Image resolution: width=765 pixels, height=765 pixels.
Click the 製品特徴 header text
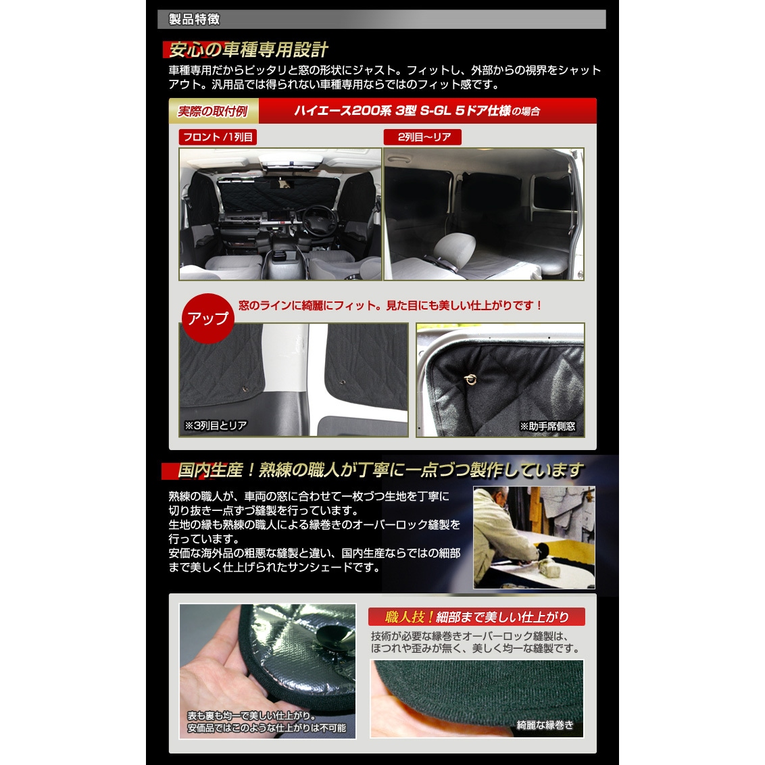(194, 19)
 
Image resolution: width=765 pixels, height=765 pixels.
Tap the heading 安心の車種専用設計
(248, 49)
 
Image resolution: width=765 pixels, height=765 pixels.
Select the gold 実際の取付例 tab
(213, 112)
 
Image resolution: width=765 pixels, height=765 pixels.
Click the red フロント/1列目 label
(218, 137)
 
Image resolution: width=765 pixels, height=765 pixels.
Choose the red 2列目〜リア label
(422, 137)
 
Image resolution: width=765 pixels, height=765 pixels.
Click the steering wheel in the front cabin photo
(320, 220)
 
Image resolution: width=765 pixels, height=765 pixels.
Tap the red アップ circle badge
(208, 318)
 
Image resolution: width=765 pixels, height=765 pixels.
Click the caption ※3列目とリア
(215, 426)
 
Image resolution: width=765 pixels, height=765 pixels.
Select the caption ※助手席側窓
(547, 426)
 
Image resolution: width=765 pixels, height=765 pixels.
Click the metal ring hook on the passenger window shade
(470, 380)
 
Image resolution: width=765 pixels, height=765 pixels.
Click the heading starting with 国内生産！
(380, 470)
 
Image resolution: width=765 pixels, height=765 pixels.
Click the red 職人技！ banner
(476, 617)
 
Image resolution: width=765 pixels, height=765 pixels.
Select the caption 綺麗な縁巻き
(545, 725)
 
